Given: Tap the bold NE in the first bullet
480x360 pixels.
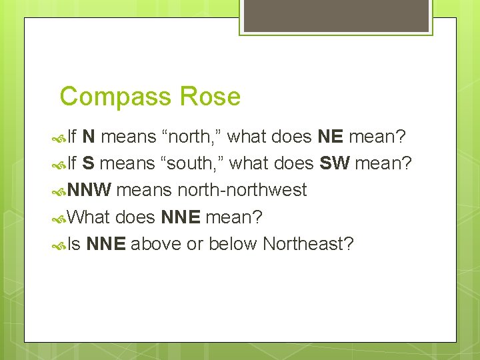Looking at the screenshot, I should pos(330,137).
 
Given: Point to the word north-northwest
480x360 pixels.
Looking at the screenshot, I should pos(242,190).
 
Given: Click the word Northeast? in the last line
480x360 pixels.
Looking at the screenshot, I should pos(308,243).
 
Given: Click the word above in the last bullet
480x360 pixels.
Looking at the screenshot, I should pos(157,243).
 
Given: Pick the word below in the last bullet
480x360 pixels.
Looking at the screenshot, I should pos(233,243).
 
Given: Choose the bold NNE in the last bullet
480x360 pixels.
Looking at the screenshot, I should pos(106,243).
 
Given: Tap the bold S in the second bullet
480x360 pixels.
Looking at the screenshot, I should pos(88,163).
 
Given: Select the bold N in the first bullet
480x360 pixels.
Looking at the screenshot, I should pos(89,137).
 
